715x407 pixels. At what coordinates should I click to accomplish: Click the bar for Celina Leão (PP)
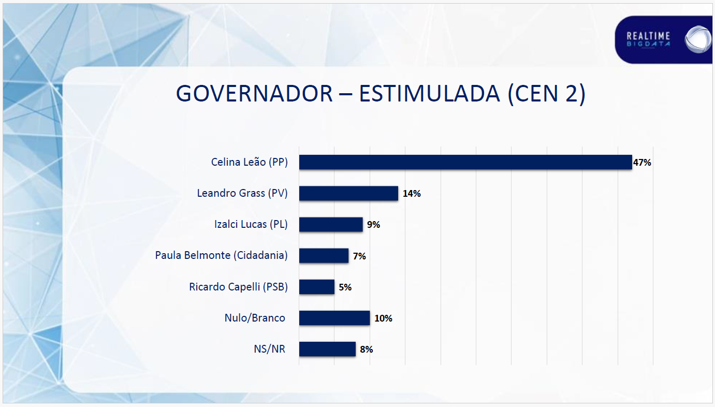click(465, 162)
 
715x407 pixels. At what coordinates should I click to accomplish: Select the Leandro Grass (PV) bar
click(348, 193)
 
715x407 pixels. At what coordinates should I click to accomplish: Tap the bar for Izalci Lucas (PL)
click(331, 224)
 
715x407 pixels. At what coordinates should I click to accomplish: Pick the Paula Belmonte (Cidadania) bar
click(324, 256)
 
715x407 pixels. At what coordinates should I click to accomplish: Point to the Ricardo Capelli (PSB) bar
click(316, 287)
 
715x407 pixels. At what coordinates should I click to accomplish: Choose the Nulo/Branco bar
click(334, 318)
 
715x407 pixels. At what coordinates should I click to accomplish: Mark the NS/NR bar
click(327, 349)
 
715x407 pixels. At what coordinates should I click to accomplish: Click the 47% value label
click(642, 163)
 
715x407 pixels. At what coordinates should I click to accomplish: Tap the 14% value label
click(412, 194)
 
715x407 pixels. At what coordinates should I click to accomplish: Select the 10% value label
click(383, 318)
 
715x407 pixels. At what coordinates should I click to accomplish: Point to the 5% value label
click(345, 287)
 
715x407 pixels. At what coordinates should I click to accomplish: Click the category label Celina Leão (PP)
click(249, 162)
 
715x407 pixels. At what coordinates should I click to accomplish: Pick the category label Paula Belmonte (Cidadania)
click(221, 255)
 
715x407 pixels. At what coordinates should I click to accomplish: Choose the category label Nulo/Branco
click(255, 318)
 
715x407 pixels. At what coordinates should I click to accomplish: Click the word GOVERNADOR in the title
click(254, 93)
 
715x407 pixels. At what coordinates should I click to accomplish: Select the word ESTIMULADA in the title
click(429, 93)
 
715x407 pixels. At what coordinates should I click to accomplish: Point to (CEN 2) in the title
click(547, 93)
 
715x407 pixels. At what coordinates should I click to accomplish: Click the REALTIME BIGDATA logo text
click(648, 39)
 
